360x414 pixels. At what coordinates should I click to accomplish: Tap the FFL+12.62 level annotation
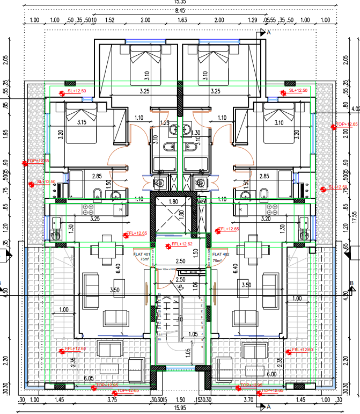[x=182, y=244]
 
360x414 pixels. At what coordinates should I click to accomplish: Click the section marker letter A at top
[x=269, y=33]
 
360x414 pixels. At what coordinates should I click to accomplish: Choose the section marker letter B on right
[x=351, y=283]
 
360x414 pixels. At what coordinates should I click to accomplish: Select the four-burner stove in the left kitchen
[x=86, y=209]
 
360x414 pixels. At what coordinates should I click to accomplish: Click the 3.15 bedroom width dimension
[x=82, y=122]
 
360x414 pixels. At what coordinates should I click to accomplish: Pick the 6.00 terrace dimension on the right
[x=271, y=374]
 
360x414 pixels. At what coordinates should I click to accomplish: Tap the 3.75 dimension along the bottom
[x=112, y=400]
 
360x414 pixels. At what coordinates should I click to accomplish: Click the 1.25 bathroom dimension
[x=165, y=123]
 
